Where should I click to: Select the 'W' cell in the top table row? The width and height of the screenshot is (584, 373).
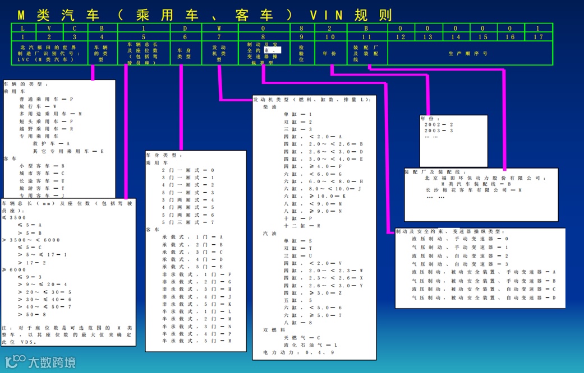(220, 27)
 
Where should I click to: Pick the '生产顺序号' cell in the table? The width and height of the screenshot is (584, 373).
(469, 54)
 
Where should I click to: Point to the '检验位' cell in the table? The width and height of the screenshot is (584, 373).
(302, 54)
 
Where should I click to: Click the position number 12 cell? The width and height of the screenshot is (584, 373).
(401, 37)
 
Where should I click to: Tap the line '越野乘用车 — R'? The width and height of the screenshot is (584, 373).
(48, 128)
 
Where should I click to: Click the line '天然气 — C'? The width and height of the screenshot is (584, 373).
(302, 338)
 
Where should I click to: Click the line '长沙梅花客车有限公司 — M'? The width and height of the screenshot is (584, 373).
(474, 190)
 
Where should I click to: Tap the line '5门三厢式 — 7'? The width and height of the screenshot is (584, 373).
(188, 222)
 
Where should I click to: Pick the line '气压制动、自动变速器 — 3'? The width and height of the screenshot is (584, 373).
(460, 264)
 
